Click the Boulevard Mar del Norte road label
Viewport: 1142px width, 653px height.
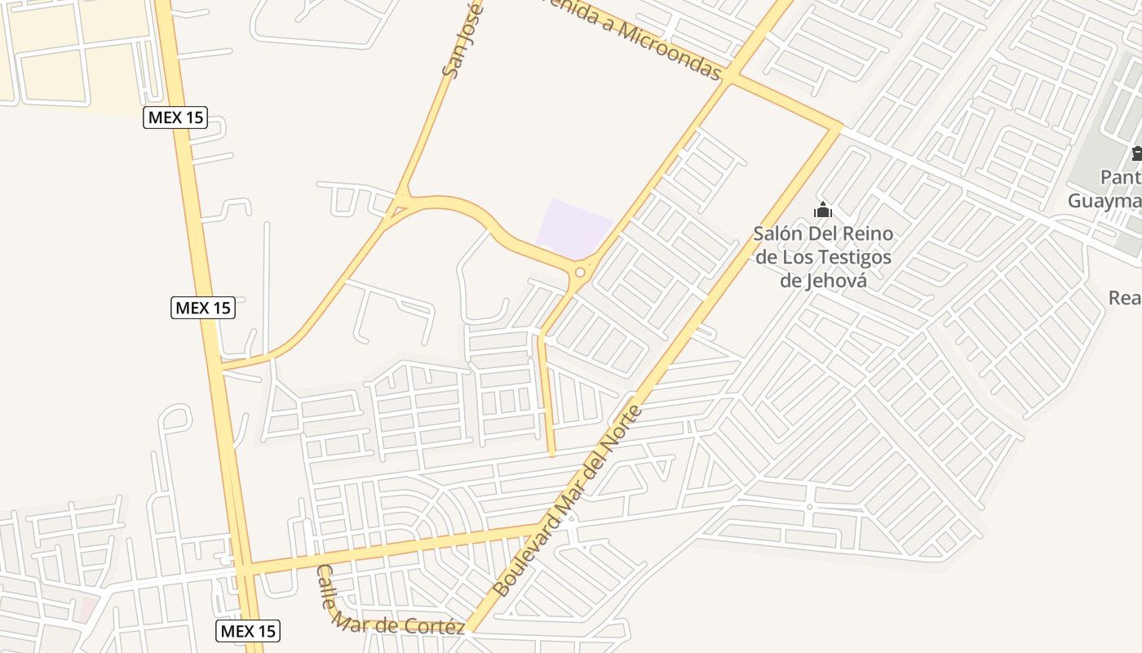point(568,500)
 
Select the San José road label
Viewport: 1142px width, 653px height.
point(462,39)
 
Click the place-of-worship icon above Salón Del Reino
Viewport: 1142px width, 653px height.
point(822,210)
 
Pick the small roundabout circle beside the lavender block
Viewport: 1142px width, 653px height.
point(580,273)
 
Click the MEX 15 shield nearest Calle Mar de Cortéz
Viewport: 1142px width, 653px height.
point(249,630)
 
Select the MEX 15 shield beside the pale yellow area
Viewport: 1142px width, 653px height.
point(175,118)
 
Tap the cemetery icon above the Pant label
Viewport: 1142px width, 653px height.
point(1135,153)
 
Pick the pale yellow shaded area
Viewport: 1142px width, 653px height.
point(73,49)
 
